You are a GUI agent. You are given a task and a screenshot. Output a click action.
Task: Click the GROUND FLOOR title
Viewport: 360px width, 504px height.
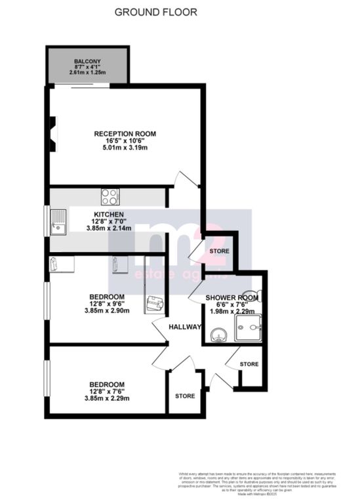coord(155,12)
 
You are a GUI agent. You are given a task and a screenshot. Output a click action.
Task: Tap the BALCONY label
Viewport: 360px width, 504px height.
coord(88,59)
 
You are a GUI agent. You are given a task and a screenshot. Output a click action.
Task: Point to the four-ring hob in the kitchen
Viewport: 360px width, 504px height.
coord(110,196)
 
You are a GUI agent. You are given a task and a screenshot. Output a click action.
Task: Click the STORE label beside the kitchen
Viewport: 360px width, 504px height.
coord(220,251)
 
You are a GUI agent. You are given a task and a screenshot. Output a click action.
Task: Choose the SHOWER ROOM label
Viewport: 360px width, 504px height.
coord(232,298)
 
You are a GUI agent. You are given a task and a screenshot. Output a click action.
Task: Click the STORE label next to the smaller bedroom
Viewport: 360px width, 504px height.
coord(184,396)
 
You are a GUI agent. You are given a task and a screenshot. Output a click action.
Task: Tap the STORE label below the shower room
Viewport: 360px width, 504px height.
coord(249,364)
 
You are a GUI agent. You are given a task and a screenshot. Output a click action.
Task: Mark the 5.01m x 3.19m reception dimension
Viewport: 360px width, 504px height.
coord(125,148)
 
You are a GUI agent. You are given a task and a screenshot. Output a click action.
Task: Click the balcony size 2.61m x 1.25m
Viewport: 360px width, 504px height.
coord(88,72)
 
